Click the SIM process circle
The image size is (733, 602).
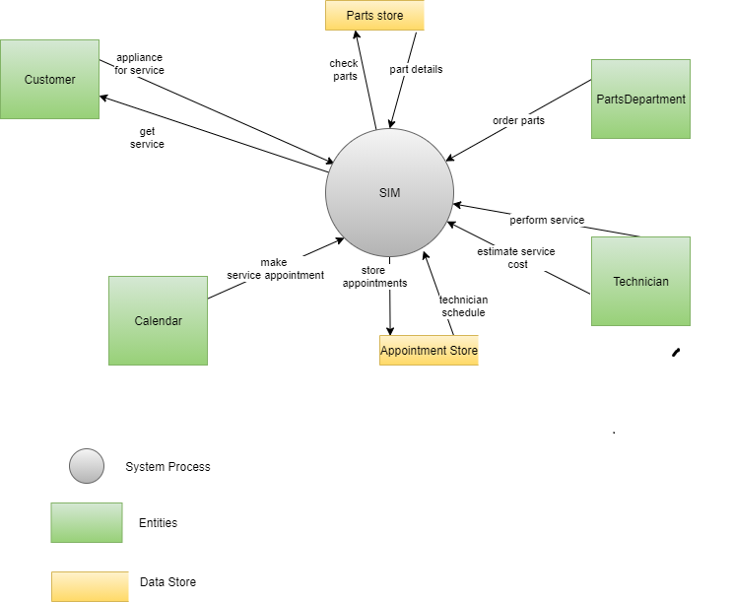(x=389, y=192)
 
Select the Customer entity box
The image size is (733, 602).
(x=49, y=79)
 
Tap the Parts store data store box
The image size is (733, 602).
(x=374, y=16)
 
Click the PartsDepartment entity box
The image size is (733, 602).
(x=640, y=99)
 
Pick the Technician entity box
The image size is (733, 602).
(x=640, y=281)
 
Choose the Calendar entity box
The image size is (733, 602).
(x=158, y=320)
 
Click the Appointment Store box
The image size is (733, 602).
(x=429, y=351)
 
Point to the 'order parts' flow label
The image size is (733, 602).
(x=518, y=120)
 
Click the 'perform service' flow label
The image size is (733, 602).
(x=547, y=220)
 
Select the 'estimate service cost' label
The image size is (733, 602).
(x=516, y=257)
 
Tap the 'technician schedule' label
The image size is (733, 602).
(x=463, y=305)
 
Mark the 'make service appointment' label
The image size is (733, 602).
(x=275, y=269)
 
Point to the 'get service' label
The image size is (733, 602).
(x=146, y=137)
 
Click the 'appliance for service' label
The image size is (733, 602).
(x=140, y=64)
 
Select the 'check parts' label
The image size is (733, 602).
(x=344, y=70)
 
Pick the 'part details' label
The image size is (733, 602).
(x=416, y=70)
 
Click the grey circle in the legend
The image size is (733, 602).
(x=87, y=466)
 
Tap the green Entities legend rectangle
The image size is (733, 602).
(x=87, y=522)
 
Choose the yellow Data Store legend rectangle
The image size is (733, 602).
(x=90, y=586)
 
